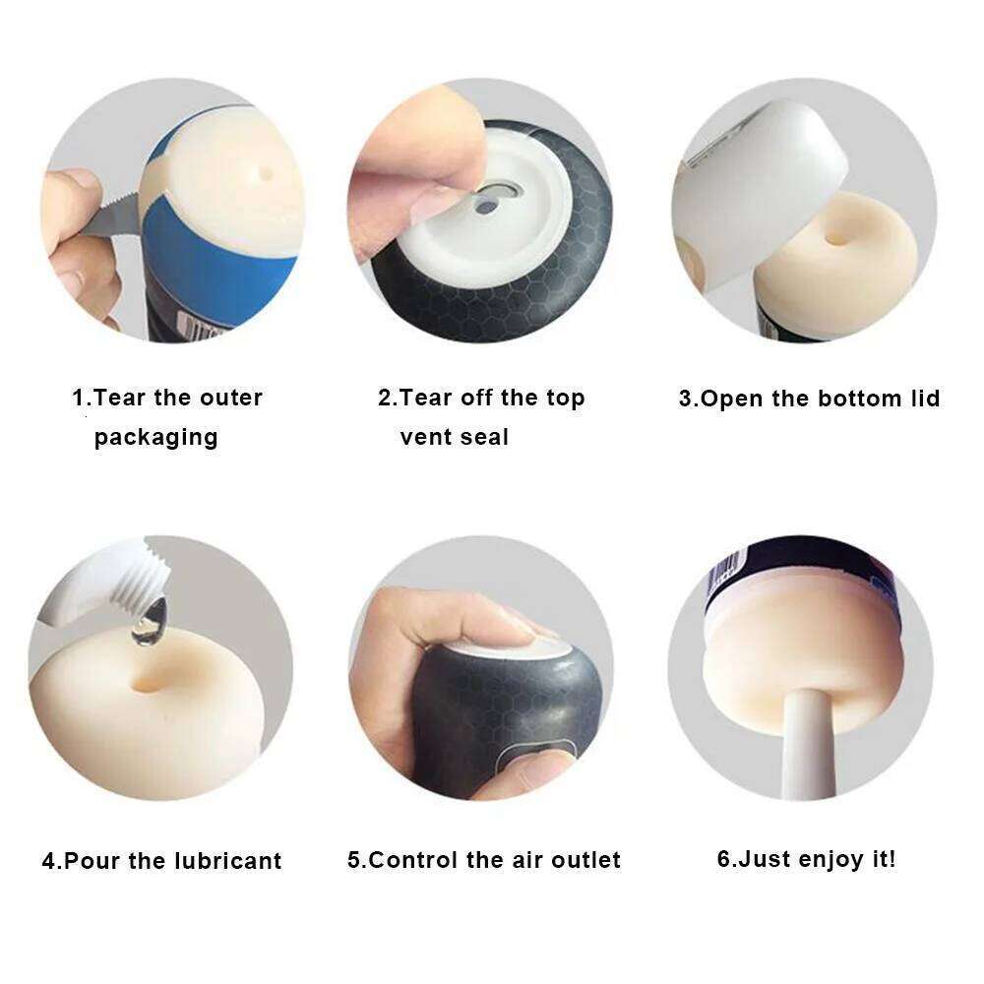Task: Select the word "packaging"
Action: (155, 438)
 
